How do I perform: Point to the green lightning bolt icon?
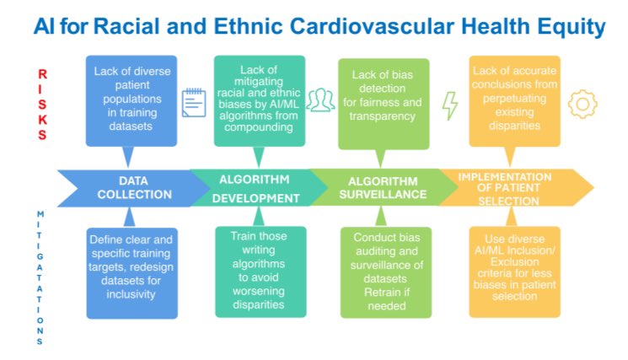(450, 104)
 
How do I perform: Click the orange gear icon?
(582, 103)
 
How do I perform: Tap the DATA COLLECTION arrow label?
(126, 187)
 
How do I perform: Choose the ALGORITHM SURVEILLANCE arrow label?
(384, 187)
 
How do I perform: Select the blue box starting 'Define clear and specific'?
(131, 270)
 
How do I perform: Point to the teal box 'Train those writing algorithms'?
(257, 270)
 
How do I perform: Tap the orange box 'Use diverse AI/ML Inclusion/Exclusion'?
(514, 270)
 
